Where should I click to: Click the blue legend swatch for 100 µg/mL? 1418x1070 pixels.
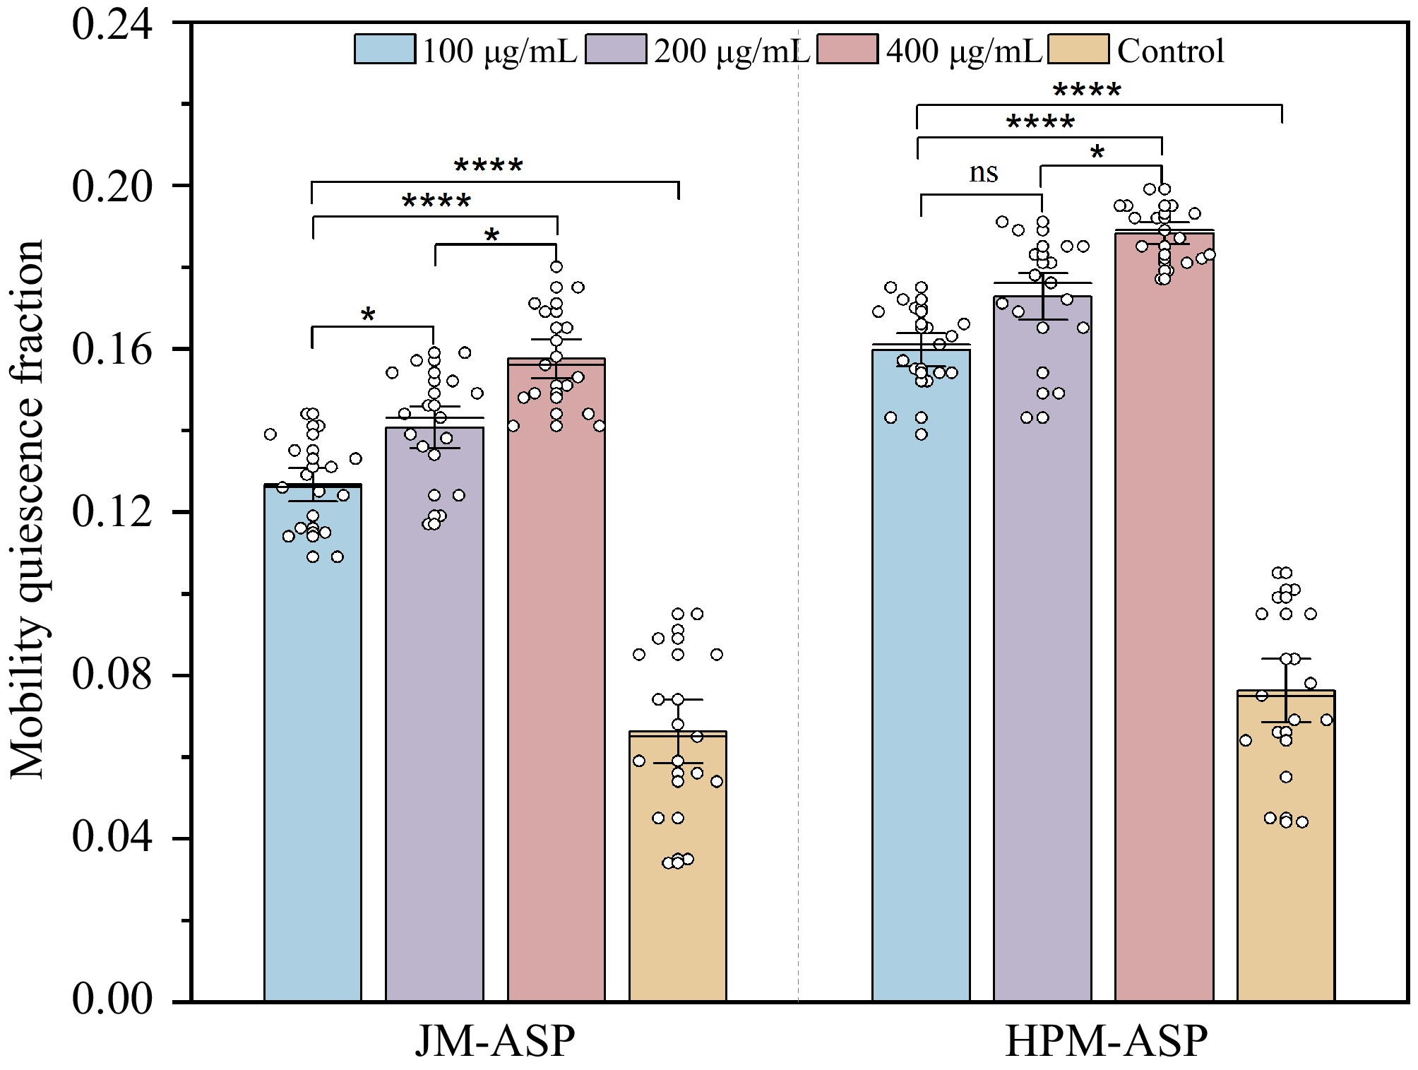tap(385, 49)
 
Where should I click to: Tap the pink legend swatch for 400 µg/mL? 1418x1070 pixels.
tap(847, 49)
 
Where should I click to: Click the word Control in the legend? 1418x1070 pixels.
tap(1171, 51)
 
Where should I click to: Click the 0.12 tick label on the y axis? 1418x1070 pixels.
tap(112, 512)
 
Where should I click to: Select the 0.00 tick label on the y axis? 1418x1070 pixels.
tap(112, 1001)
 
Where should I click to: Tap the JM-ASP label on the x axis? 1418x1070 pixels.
tap(494, 1042)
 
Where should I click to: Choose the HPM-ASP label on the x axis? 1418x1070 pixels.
tap(1106, 1042)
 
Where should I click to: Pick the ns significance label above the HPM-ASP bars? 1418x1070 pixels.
tap(983, 172)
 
